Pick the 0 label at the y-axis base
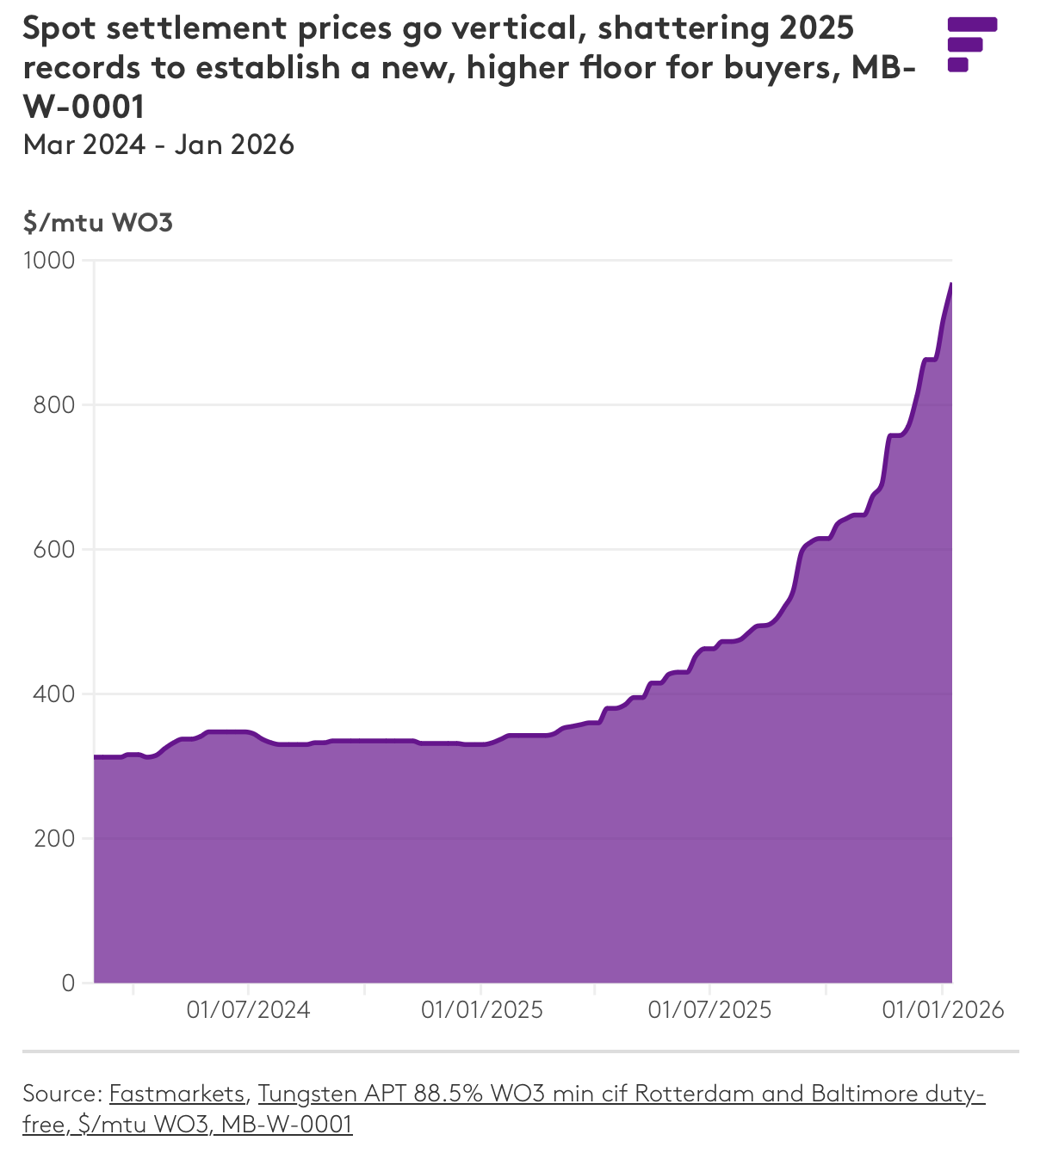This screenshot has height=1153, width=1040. pyautogui.click(x=69, y=983)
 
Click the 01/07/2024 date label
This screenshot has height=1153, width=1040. pyautogui.click(x=248, y=1009)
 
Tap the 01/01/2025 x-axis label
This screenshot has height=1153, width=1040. pyautogui.click(x=481, y=1009)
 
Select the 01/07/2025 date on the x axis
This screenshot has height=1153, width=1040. pyautogui.click(x=709, y=1009)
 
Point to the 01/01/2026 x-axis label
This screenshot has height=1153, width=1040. pyautogui.click(x=943, y=1009)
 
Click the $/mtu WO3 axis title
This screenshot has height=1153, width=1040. pyautogui.click(x=98, y=223)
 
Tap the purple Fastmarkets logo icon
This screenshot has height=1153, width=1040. pyautogui.click(x=971, y=44)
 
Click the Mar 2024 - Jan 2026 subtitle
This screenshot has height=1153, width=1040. pyautogui.click(x=159, y=145)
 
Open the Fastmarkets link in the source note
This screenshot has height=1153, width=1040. pyautogui.click(x=177, y=1094)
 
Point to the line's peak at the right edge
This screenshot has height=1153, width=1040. pyautogui.click(x=950, y=284)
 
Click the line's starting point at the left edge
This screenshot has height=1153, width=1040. pyautogui.click(x=95, y=757)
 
